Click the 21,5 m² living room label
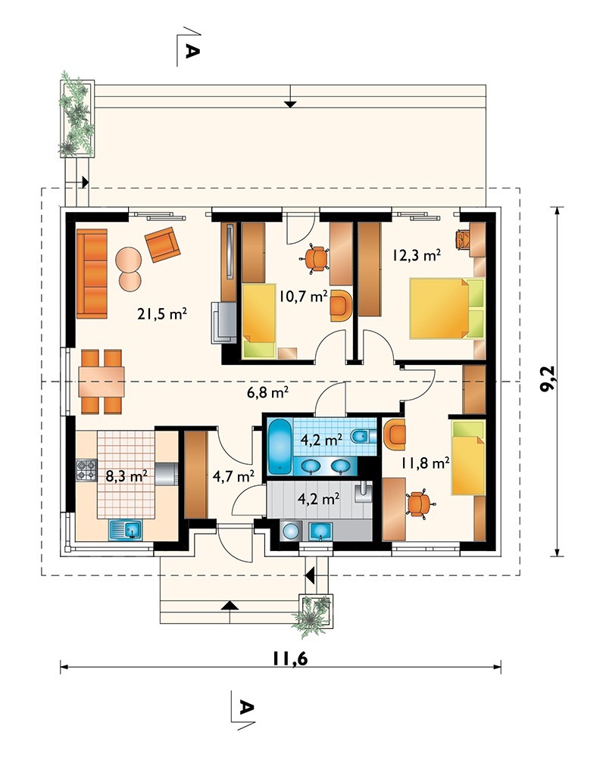162,314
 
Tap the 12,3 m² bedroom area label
416,254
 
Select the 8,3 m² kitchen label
127,476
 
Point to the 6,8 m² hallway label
267,392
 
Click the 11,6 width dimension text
290,658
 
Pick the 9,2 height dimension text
548,378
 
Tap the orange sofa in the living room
92,274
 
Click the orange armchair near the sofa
162,245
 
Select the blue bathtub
280,446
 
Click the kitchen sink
125,530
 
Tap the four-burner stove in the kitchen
86,470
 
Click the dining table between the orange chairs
102,382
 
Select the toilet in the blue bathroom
363,436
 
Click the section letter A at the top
192,51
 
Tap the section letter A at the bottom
246,707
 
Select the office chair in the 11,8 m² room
418,504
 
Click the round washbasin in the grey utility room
291,531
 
